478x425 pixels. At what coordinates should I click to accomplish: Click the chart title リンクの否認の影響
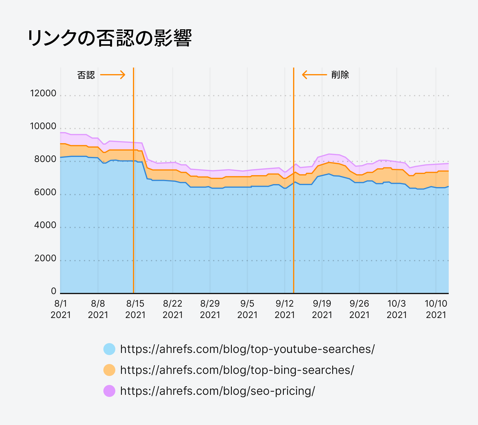tap(109, 38)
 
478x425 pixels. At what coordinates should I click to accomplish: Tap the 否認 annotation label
tap(86, 75)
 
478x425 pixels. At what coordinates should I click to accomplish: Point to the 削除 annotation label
tap(340, 75)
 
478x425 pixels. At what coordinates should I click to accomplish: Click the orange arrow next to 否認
tap(113, 75)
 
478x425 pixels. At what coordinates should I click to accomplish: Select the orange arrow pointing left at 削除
tap(314, 75)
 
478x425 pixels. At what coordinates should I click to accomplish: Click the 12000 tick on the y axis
tap(43, 93)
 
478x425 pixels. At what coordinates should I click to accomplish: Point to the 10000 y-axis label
tap(43, 126)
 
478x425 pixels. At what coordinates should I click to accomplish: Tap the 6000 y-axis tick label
tap(45, 192)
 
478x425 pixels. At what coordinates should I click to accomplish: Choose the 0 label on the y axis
tap(53, 291)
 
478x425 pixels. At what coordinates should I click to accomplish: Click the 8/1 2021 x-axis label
tap(61, 309)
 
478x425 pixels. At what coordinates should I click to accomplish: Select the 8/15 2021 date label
tap(135, 309)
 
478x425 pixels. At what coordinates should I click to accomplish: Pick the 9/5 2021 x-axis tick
tap(247, 309)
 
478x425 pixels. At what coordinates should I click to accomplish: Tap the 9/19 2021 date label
tap(322, 309)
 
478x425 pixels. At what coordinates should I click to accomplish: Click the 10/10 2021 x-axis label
tap(436, 309)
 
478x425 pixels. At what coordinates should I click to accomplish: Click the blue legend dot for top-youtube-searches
tap(109, 349)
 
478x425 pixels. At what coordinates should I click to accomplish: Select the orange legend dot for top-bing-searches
tap(109, 370)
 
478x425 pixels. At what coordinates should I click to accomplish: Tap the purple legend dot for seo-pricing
tap(109, 391)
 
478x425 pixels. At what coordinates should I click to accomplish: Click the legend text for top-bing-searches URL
tap(237, 370)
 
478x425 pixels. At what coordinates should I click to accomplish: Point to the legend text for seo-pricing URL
tap(217, 391)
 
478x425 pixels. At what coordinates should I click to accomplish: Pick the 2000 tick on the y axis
tap(45, 258)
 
